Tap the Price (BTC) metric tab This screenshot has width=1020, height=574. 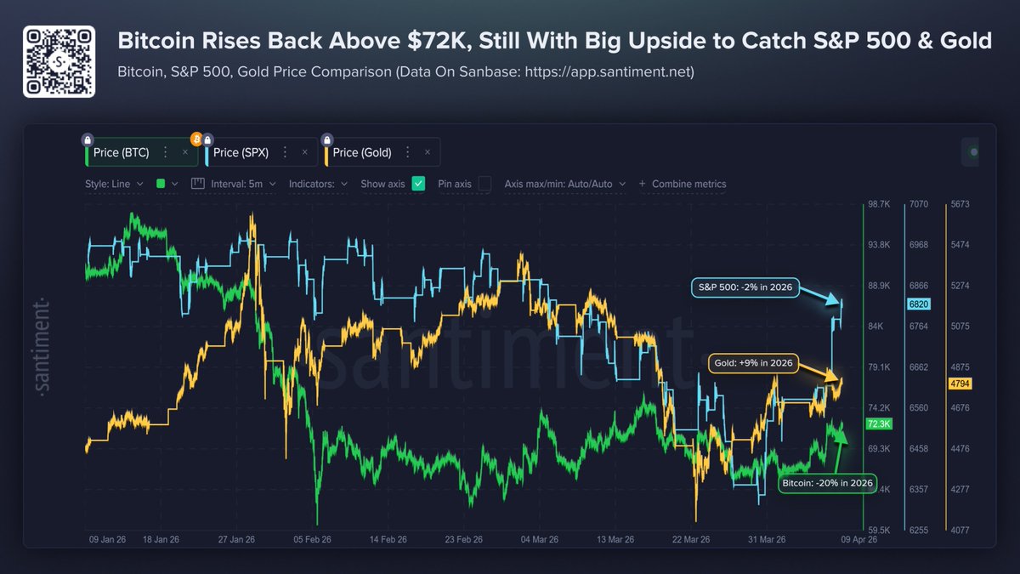121,153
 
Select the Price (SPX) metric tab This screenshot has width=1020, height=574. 241,153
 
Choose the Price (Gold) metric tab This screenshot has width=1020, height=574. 362,153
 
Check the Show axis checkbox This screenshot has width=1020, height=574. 418,184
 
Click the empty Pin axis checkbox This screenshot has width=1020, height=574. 484,184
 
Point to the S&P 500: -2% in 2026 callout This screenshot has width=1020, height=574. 742,287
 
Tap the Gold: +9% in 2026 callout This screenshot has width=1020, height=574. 752,363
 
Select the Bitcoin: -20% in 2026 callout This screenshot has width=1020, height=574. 827,483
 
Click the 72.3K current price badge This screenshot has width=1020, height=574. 877,423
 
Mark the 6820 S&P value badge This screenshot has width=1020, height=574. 920,304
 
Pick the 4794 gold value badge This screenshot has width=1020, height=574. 959,384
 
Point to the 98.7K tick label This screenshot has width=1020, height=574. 879,205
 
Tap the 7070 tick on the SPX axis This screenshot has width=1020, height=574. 919,205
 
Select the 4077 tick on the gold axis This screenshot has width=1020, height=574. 959,530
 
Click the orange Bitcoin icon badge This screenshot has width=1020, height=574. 195,138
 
